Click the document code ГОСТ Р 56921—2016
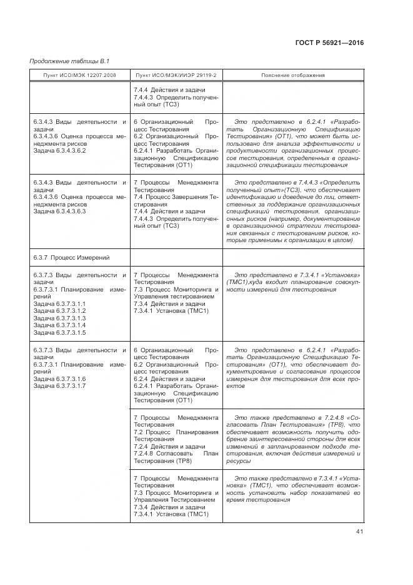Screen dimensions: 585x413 tap(329, 43)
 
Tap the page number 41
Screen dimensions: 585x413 tap(359, 532)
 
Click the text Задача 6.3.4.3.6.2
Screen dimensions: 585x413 tap(59, 151)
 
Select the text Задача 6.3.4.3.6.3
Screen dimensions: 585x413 tap(59, 211)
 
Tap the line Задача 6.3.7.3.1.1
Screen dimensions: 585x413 tap(59, 303)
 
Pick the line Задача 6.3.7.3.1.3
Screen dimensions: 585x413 tap(59, 318)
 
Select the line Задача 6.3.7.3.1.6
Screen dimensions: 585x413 tap(59, 379)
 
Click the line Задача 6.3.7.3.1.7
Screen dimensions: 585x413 tap(59, 387)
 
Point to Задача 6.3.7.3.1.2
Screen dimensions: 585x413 tap(59, 311)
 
